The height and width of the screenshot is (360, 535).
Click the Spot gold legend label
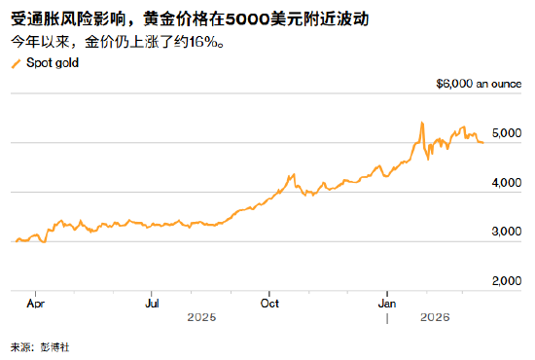(53, 63)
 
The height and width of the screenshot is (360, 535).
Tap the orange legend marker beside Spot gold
(16, 63)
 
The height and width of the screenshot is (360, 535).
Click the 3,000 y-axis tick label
(507, 233)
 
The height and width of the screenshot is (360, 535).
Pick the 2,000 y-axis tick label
(507, 282)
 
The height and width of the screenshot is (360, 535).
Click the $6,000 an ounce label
(480, 85)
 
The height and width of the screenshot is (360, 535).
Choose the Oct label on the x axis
(270, 303)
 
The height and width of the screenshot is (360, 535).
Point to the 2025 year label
(202, 317)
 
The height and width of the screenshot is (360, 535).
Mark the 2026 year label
(434, 317)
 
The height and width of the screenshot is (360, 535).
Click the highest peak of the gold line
(421, 123)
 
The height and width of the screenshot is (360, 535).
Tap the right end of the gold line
(483, 142)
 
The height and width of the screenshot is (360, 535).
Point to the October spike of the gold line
(292, 175)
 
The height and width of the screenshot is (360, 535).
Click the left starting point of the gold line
(14, 240)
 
